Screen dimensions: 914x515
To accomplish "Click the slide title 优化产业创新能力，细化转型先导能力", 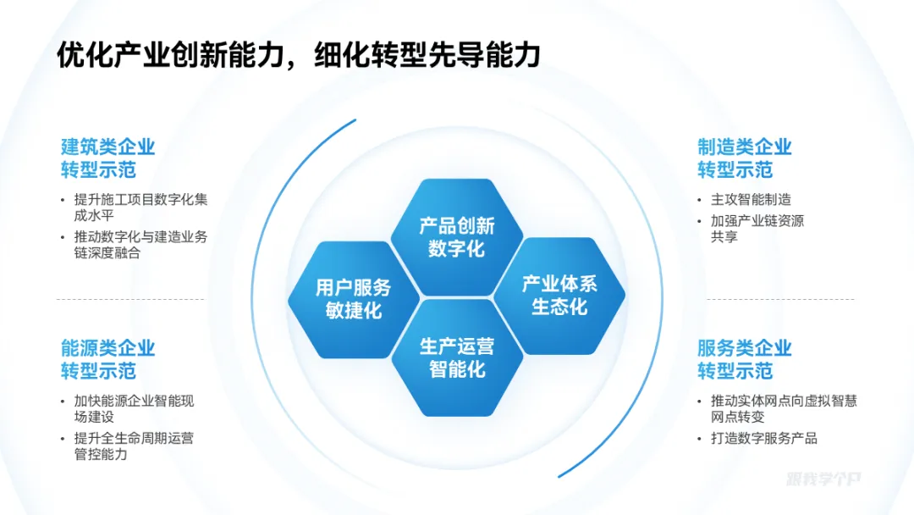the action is click(298, 56).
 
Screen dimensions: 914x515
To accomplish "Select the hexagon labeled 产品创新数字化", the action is click(456, 237).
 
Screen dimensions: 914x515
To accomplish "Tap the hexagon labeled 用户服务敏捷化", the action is click(354, 299).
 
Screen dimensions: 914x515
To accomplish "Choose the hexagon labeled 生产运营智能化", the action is click(457, 357).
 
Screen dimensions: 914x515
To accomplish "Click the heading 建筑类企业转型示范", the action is click(108, 158).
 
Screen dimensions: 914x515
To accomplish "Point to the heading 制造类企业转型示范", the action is click(745, 158).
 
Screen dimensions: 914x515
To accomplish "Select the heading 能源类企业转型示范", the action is click(108, 359).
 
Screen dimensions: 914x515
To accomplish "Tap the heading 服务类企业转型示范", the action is click(745, 359).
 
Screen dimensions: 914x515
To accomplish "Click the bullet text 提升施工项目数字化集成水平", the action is click(140, 208).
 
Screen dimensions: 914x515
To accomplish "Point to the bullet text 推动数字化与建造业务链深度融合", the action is click(140, 245).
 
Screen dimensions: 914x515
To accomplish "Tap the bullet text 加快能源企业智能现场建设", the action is click(134, 408).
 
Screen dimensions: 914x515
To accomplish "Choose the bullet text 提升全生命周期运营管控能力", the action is click(134, 446).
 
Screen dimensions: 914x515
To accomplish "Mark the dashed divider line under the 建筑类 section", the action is click(130, 299).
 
